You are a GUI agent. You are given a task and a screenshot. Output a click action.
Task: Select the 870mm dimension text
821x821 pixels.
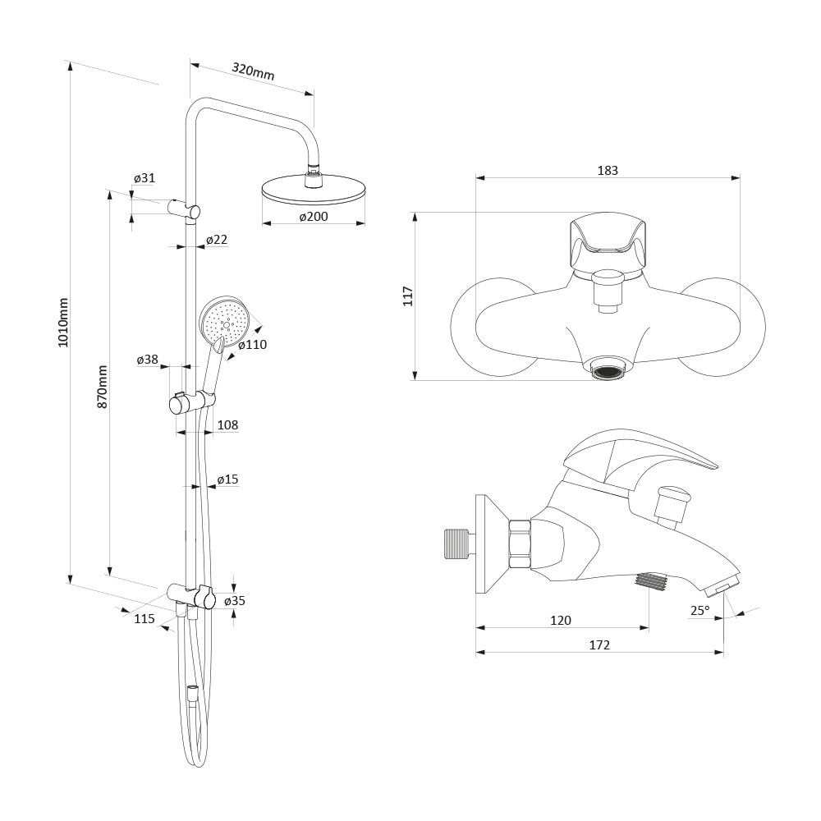[103, 387]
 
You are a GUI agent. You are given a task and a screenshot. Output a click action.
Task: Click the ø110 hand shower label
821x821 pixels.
[253, 345]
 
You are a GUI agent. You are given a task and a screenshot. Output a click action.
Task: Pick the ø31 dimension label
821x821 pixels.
[144, 178]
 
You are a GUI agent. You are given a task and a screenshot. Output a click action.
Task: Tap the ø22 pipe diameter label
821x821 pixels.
[217, 240]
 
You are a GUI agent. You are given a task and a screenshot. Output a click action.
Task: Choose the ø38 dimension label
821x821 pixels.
[148, 360]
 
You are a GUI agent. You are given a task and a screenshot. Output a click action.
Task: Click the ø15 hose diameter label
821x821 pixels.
[227, 479]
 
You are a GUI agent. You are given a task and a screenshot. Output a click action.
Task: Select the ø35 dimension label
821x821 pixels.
[235, 601]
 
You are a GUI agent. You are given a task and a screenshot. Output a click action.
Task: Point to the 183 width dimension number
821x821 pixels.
[608, 171]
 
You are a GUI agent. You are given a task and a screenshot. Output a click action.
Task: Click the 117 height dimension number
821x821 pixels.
[408, 296]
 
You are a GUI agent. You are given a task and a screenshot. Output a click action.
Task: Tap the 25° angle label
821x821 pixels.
[699, 610]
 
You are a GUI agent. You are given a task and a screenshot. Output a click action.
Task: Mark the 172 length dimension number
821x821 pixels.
[599, 645]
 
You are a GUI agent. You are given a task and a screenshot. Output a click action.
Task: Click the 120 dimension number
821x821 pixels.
[560, 621]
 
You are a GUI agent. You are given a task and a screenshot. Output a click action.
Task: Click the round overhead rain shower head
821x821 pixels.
[313, 191]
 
